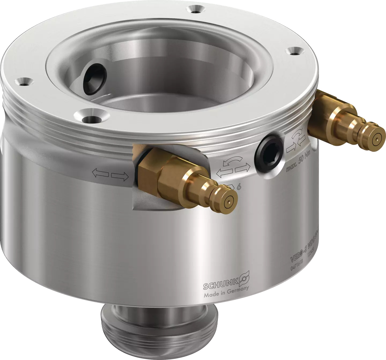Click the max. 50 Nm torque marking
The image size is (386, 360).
[x=298, y=163]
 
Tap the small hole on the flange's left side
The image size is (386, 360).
[x=23, y=82]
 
